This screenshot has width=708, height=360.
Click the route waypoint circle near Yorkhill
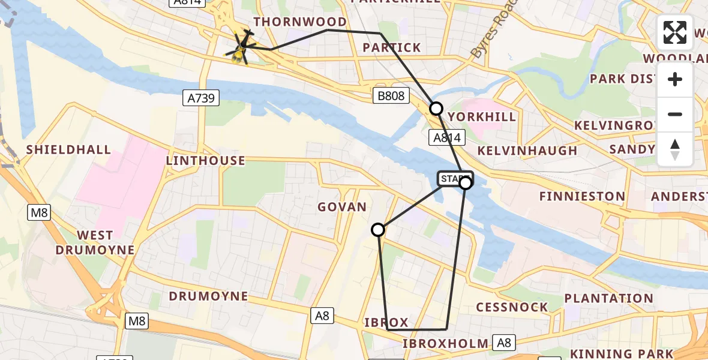tap(436, 109)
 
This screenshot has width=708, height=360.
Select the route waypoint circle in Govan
tap(378, 230)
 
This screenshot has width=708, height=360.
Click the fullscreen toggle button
tap(675, 32)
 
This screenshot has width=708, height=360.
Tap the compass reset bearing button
tap(675, 149)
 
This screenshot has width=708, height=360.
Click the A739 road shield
tap(202, 98)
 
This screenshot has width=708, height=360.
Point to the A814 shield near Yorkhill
tap(446, 138)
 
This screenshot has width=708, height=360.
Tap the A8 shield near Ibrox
tap(322, 316)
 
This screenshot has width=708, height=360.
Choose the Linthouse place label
tap(205, 161)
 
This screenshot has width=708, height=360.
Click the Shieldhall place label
tap(68, 149)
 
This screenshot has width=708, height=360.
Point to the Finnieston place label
tap(582, 196)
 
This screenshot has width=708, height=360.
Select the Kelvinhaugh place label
tap(527, 150)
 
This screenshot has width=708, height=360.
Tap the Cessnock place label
tap(512, 307)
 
